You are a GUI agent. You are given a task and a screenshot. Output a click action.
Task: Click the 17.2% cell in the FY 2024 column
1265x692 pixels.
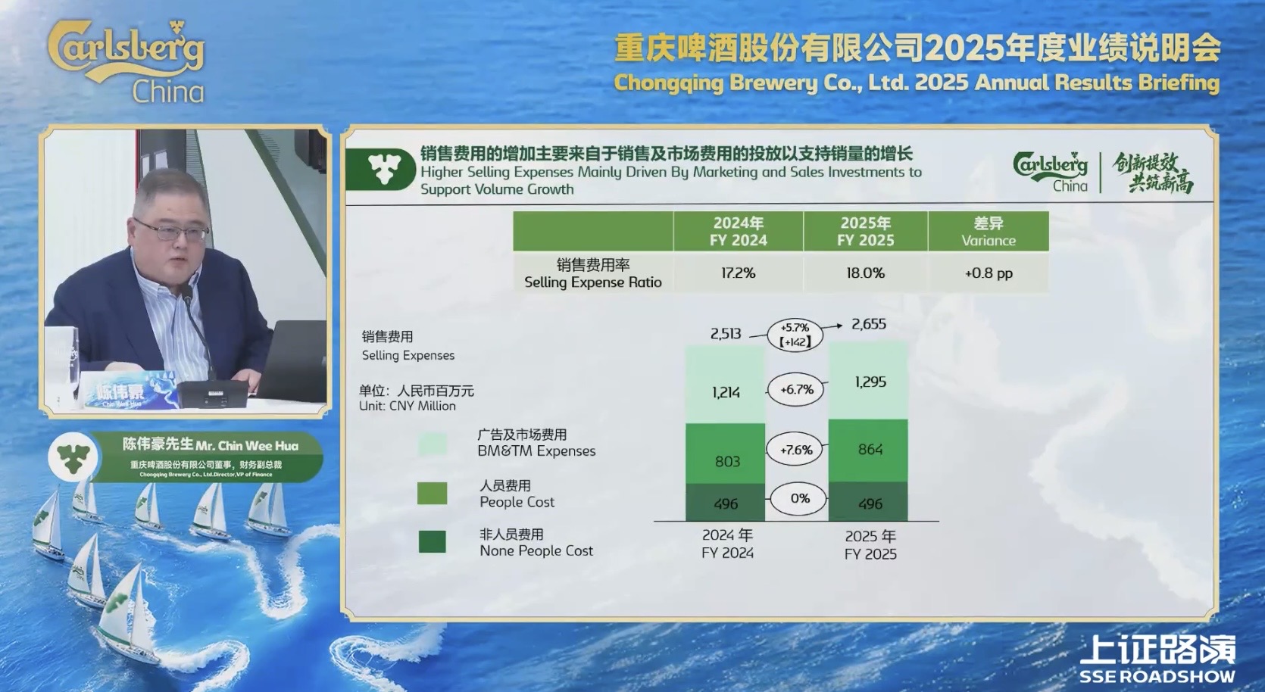point(738,273)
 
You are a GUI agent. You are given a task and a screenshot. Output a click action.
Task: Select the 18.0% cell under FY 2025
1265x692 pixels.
point(865,273)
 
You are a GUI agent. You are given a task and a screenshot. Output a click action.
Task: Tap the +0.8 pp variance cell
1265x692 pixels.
point(988,273)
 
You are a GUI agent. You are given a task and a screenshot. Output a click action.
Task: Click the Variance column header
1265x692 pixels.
point(988,232)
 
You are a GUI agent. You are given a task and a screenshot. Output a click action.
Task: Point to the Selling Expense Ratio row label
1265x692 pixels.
point(593,273)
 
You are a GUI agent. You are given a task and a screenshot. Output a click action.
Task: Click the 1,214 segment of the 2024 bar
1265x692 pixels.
point(726,391)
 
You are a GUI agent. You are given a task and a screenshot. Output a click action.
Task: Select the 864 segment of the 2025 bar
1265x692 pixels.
point(870,450)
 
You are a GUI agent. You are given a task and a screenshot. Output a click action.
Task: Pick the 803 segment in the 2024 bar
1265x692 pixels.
point(726,461)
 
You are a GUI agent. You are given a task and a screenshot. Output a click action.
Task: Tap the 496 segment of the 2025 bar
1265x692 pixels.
point(870,503)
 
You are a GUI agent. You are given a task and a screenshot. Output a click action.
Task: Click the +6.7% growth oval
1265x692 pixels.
point(796,389)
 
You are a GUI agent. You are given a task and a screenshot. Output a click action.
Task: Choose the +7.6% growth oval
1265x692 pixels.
point(796,450)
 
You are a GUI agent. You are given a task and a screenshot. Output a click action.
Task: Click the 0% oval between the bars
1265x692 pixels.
point(799,498)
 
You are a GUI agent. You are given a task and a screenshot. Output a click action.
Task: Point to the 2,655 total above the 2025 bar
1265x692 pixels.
point(868,324)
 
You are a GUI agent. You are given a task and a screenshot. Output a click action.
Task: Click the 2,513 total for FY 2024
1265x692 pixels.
point(726,333)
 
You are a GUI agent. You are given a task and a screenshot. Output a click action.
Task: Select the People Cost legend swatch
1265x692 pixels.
point(433,494)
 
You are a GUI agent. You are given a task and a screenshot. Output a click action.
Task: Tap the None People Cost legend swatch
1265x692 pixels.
point(433,542)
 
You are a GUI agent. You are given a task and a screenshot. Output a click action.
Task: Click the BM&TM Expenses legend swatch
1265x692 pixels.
point(433,444)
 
